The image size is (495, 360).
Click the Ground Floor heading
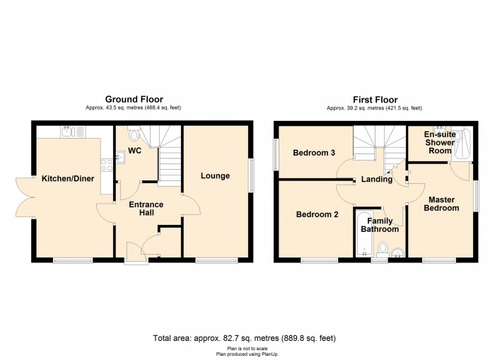134,100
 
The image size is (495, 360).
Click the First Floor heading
375,100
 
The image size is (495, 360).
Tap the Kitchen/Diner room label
68,179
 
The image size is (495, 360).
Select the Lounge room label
215,176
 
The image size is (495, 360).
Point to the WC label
134,151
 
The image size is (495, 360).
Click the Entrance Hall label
146,209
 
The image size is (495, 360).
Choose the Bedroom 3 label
314,153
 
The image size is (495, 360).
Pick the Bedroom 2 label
317,215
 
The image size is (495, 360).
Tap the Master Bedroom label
441,204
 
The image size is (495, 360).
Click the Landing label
377,180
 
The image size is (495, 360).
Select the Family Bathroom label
380,225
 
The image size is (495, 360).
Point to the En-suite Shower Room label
440,142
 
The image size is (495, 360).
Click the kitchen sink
74,132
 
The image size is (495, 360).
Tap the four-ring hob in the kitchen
106,165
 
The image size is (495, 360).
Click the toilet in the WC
134,134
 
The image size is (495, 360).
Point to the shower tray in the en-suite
462,144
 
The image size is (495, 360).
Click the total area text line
245,339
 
